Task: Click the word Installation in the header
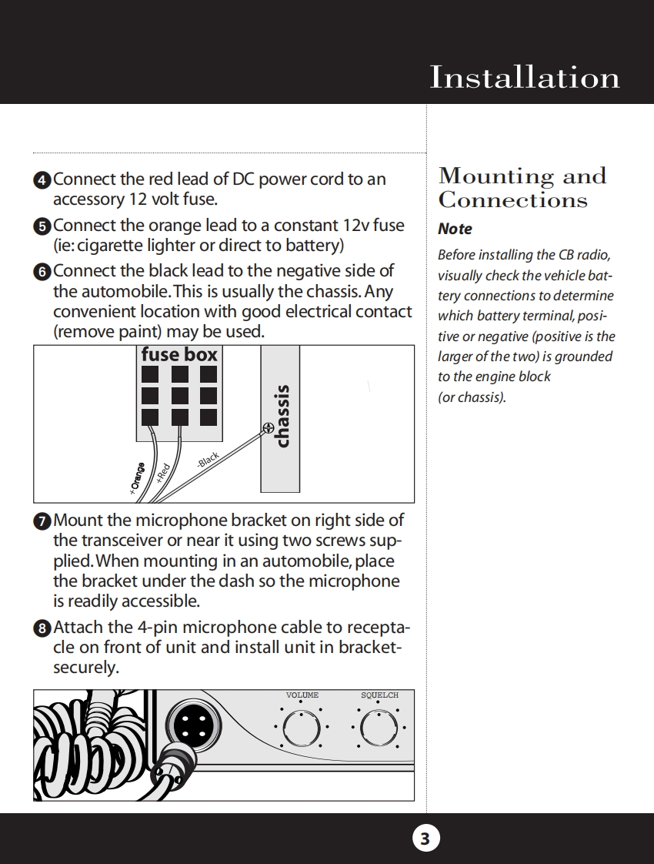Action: [x=524, y=78]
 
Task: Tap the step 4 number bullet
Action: [x=42, y=180]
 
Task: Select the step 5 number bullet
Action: [x=42, y=226]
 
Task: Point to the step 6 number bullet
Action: [x=42, y=272]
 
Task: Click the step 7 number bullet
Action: [x=42, y=521]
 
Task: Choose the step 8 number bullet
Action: [x=42, y=628]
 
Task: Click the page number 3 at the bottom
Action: [x=425, y=838]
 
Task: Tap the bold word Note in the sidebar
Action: [x=455, y=229]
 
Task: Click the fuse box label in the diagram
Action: [x=179, y=354]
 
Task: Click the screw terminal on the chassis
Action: [x=269, y=427]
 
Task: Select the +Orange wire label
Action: [x=137, y=478]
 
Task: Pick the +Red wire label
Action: [x=162, y=472]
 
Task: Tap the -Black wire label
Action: [x=208, y=460]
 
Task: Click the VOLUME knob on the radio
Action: [x=301, y=726]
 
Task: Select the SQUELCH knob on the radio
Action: [x=379, y=726]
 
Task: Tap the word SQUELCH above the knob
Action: [x=379, y=695]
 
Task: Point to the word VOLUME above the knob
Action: [x=302, y=695]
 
